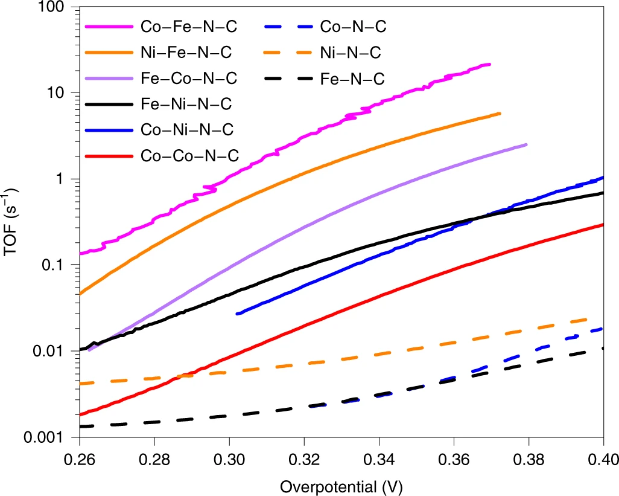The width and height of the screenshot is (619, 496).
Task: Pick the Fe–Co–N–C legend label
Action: (189, 79)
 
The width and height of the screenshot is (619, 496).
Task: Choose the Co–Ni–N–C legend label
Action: (188, 129)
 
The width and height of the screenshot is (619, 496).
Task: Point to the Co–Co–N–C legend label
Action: (189, 155)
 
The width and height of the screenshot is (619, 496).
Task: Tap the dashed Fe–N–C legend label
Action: (352, 79)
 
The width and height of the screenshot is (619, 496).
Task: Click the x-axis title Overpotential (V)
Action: (341, 485)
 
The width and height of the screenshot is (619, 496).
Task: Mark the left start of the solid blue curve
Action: (237, 314)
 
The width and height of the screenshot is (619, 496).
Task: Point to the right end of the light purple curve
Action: (526, 144)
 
